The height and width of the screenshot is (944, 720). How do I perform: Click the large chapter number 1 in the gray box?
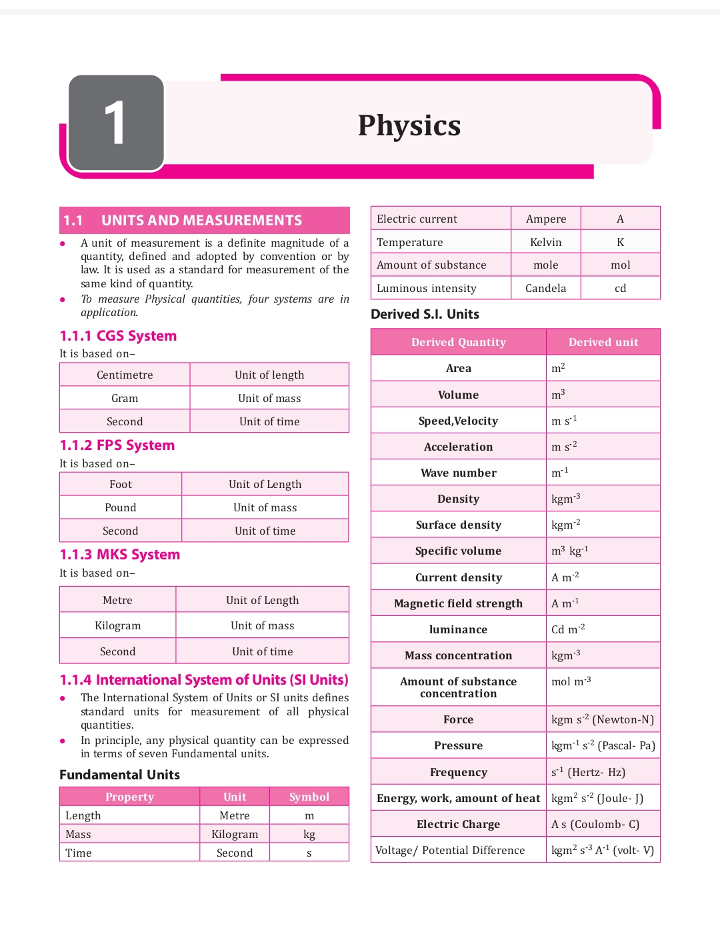click(x=115, y=123)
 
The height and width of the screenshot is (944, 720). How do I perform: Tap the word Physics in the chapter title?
click(x=409, y=126)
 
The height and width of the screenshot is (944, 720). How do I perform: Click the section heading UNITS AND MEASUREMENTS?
click(x=201, y=221)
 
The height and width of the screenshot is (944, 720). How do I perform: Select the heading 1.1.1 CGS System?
click(x=118, y=336)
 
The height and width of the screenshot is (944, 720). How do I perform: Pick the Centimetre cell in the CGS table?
click(x=125, y=375)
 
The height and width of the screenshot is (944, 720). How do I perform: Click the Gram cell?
click(x=125, y=398)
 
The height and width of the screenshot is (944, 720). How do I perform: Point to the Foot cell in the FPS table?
click(x=121, y=484)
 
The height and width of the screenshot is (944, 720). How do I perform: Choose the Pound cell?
click(x=121, y=507)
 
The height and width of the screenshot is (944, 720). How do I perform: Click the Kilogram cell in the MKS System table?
click(x=118, y=625)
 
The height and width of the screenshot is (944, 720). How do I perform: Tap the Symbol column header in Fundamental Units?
click(x=309, y=797)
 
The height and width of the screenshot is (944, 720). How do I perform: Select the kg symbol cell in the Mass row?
click(x=309, y=834)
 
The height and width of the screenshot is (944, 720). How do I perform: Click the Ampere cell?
click(x=546, y=219)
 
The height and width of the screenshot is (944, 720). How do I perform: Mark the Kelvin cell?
click(x=546, y=242)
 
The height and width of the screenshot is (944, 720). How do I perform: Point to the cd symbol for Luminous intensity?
click(x=621, y=288)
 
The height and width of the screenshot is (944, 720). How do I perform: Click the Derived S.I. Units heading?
click(x=425, y=314)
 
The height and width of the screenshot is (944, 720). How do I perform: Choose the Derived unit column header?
click(x=603, y=342)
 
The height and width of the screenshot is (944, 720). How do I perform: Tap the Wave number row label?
click(x=459, y=473)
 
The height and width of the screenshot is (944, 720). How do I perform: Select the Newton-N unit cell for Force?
click(x=603, y=719)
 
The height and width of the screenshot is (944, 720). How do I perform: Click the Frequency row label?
click(x=459, y=772)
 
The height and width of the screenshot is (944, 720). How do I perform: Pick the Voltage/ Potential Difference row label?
click(x=450, y=850)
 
